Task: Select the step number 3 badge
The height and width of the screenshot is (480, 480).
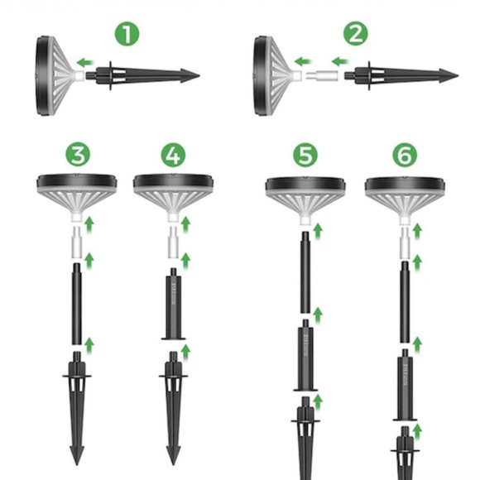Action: pyautogui.click(x=77, y=155)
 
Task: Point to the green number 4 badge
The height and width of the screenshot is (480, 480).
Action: pyautogui.click(x=173, y=155)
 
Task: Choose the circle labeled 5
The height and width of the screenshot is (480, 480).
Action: pyautogui.click(x=306, y=155)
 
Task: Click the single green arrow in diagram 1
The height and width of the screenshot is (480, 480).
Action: pyautogui.click(x=84, y=61)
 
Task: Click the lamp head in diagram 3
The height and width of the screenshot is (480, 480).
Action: pyautogui.click(x=77, y=192)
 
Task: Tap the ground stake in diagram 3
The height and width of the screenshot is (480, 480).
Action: pyautogui.click(x=77, y=406)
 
